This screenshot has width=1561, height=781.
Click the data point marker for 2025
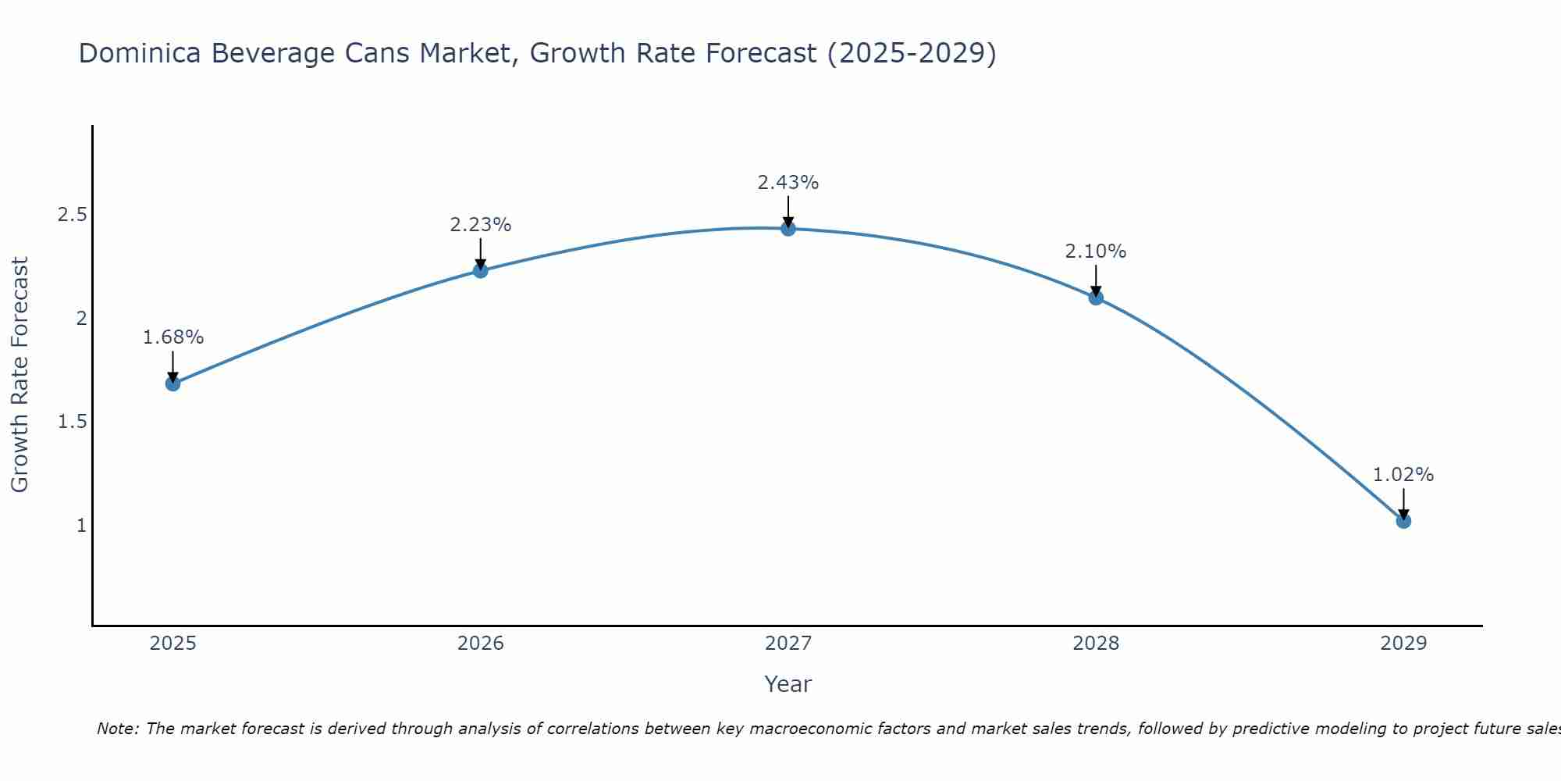tap(173, 383)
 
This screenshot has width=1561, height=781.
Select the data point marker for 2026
tap(481, 270)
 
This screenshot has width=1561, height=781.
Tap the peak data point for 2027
tap(788, 229)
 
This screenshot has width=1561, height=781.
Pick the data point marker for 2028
tap(1096, 297)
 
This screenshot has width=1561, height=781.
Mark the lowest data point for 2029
tap(1403, 521)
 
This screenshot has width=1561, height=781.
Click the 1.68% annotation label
tap(173, 337)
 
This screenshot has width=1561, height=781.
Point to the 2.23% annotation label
tap(481, 225)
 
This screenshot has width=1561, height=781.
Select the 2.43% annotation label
tap(788, 183)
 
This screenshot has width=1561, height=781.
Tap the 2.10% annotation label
tap(1096, 251)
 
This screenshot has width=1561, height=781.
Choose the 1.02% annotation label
tap(1403, 475)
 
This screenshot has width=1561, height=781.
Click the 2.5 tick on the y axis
tap(72, 215)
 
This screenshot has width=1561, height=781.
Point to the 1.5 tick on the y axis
tap(72, 422)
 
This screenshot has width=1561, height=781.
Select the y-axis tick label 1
tap(81, 526)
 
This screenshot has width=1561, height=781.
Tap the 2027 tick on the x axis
tap(788, 644)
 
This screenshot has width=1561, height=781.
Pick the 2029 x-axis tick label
tap(1403, 644)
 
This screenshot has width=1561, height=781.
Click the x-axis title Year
tap(788, 684)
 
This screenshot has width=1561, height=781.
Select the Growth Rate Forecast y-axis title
tap(20, 375)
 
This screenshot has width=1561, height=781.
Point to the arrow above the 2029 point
tap(1403, 503)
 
